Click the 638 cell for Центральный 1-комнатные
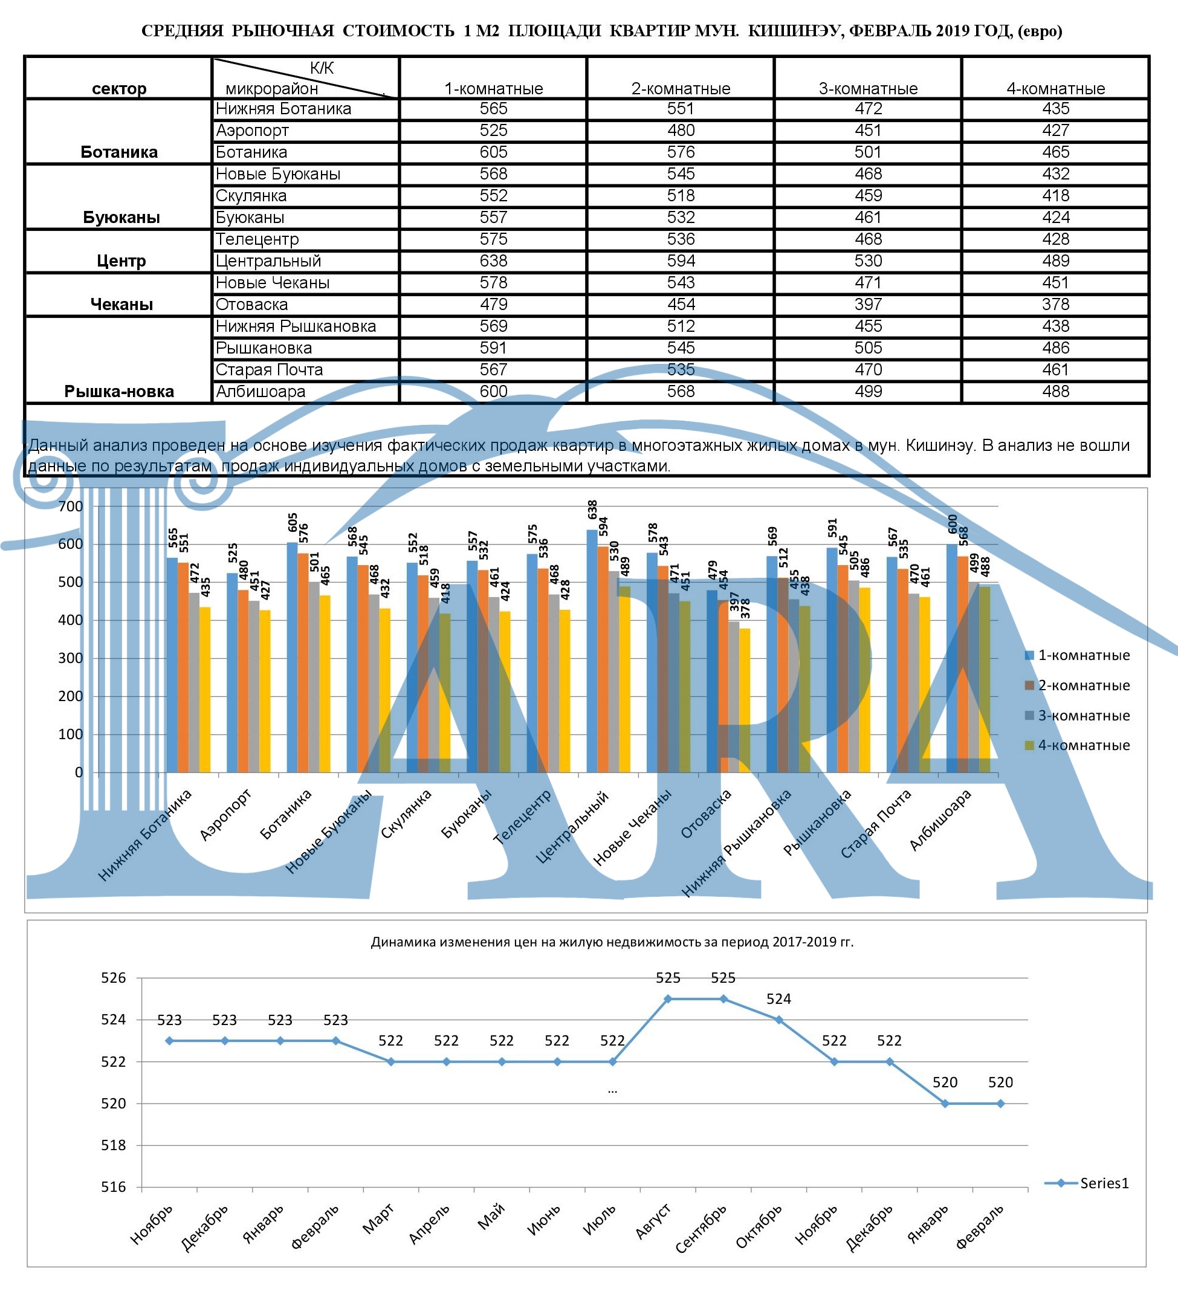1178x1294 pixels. [493, 261]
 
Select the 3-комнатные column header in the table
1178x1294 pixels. [868, 89]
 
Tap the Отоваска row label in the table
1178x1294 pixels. [251, 305]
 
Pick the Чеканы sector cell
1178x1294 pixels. [121, 304]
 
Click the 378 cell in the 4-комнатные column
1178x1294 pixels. [1055, 305]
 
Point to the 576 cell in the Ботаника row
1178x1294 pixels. [681, 153]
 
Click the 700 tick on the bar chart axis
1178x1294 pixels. [71, 506]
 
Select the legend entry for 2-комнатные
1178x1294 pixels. [1084, 685]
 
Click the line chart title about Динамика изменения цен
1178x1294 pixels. [612, 942]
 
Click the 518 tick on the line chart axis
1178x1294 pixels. [114, 1146]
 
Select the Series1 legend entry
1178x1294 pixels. [1104, 1183]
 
